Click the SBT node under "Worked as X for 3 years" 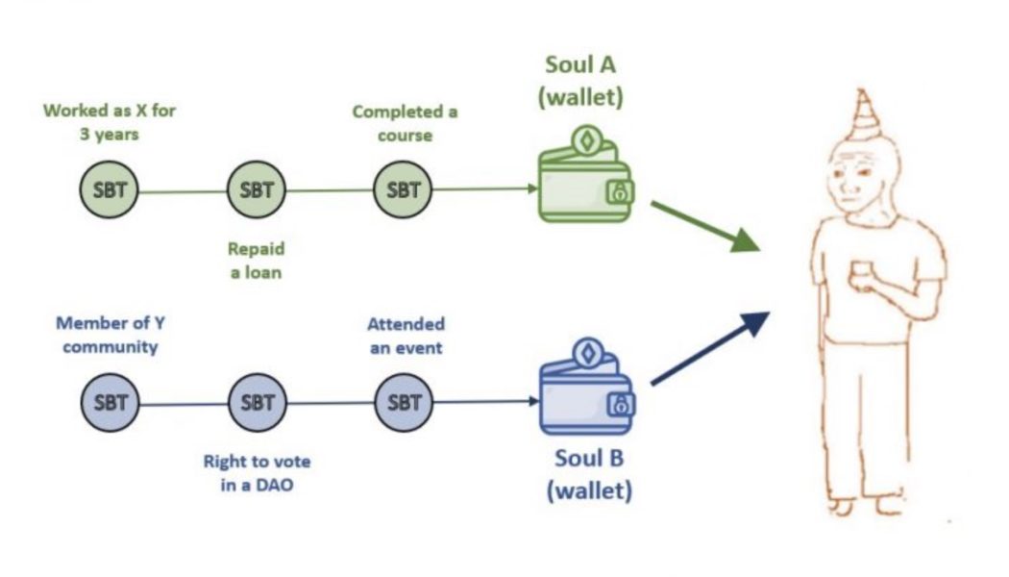[x=110, y=190]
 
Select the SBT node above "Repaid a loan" [x=257, y=190]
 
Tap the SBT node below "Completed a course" [x=403, y=190]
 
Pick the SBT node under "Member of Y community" [x=110, y=403]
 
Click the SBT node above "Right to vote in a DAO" [x=257, y=403]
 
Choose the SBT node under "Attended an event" [x=403, y=403]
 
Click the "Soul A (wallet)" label [x=580, y=81]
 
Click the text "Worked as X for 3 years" [x=110, y=122]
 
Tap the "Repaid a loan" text [x=256, y=261]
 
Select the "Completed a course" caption [x=405, y=123]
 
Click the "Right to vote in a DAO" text [x=257, y=473]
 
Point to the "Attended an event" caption [x=406, y=336]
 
